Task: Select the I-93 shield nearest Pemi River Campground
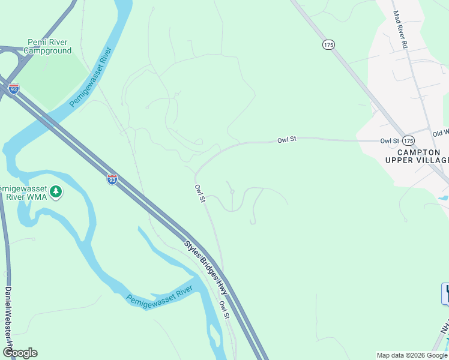[14, 88]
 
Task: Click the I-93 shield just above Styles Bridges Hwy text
[112, 178]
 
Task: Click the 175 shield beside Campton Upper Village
[408, 140]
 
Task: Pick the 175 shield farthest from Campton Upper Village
[328, 44]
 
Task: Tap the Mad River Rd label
[400, 29]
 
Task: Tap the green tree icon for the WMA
[56, 192]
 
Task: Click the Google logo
[20, 353]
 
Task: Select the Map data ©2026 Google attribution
[412, 355]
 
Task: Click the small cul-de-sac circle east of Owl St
[232, 192]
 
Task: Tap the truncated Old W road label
[441, 133]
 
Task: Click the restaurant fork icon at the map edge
[445, 293]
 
